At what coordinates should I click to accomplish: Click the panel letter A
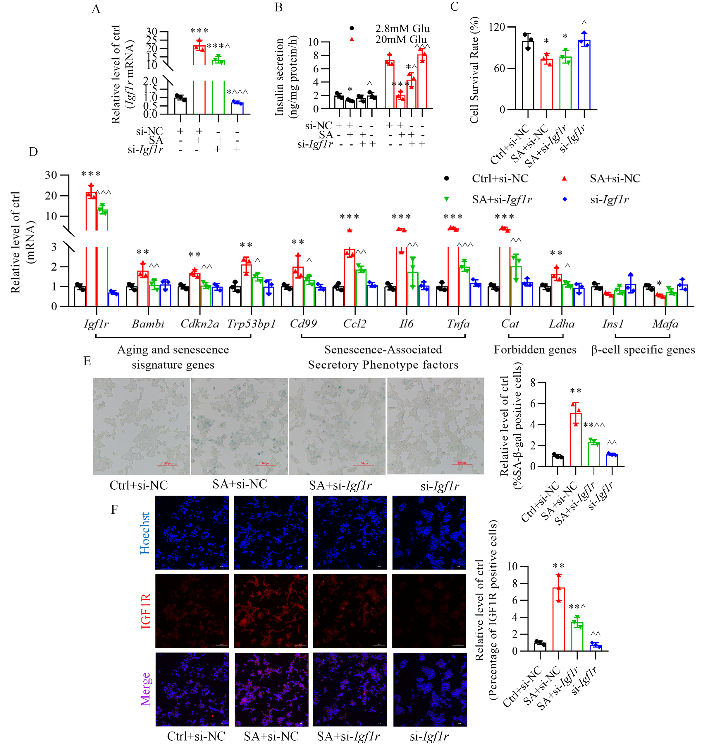96,9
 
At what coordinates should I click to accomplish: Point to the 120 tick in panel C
497,27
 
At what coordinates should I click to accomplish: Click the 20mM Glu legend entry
400,40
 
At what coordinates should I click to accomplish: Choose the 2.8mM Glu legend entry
402,29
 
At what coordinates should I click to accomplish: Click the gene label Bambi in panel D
148,324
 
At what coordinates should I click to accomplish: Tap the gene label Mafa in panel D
665,324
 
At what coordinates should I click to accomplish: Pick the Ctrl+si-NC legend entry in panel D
500,178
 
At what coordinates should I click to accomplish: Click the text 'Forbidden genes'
535,350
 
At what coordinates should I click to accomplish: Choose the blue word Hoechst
145,533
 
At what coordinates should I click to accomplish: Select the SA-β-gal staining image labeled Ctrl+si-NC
141,426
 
